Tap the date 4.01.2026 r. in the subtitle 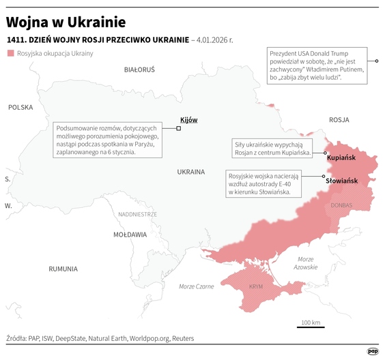click(x=214, y=40)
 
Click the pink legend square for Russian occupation click(x=10, y=53)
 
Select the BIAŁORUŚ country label click(x=139, y=70)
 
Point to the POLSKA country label click(x=20, y=107)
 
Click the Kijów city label click(x=188, y=120)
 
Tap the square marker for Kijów click(x=179, y=127)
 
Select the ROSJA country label click(x=339, y=119)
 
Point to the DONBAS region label click(x=341, y=205)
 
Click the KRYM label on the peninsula click(x=256, y=287)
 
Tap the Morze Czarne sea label click(x=196, y=286)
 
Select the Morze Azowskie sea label click(x=306, y=262)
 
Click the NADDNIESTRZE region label click(x=137, y=213)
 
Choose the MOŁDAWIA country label click(x=130, y=235)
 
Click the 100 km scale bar click(x=311, y=326)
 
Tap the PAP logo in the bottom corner click(x=373, y=350)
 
